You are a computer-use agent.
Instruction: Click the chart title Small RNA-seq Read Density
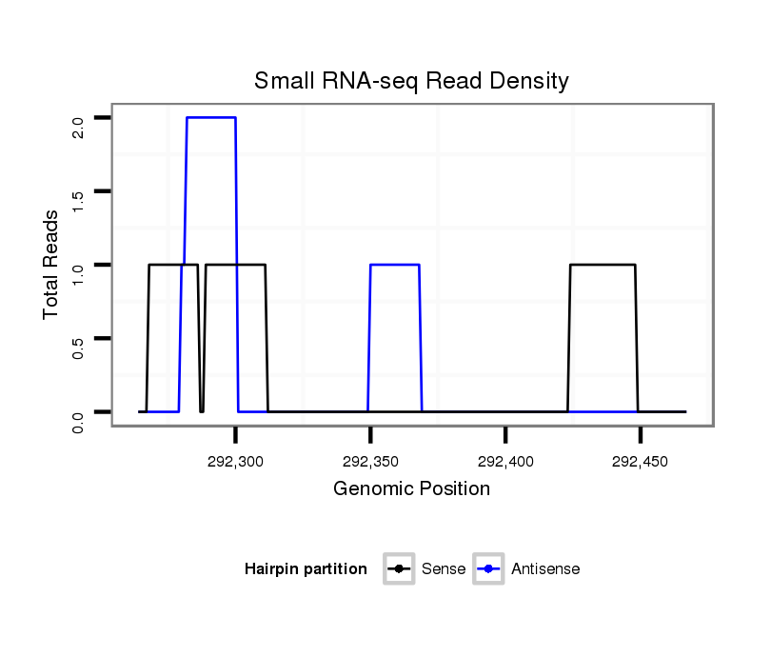(411, 81)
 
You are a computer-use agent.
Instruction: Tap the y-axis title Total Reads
(51, 265)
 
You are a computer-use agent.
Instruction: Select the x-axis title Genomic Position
(411, 489)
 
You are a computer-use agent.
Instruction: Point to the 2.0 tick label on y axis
(78, 127)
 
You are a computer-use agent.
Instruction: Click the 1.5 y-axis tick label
(78, 201)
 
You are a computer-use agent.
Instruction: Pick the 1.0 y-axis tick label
(78, 274)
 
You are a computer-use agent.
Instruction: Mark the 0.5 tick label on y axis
(78, 348)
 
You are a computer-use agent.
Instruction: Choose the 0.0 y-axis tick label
(78, 421)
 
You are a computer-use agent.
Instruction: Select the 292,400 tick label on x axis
(505, 462)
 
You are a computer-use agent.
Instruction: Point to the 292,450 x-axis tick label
(641, 462)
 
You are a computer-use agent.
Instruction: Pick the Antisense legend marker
(488, 569)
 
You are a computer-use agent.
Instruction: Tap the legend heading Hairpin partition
(306, 569)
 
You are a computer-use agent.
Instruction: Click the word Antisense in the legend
(545, 569)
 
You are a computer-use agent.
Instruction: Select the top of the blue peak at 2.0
(211, 117)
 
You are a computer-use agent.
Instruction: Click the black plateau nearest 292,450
(603, 265)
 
